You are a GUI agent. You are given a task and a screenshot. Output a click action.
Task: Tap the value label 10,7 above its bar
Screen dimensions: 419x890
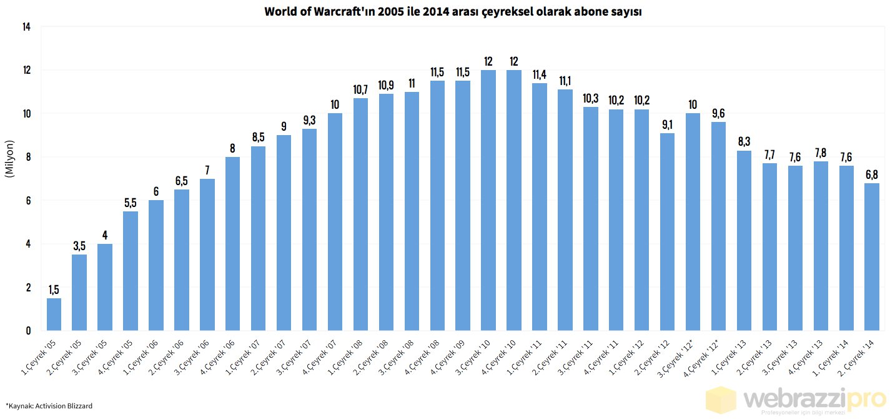click(x=360, y=89)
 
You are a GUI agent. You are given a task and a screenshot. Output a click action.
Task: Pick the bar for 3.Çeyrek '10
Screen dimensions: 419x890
click(x=488, y=200)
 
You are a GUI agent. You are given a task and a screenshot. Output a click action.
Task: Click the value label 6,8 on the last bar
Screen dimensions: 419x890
click(x=872, y=174)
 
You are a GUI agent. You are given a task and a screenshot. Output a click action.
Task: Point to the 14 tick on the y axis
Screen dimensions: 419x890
click(x=26, y=27)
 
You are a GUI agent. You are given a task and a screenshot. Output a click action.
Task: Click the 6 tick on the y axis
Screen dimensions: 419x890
click(x=27, y=201)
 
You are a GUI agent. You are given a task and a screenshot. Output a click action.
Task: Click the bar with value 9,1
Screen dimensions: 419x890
click(x=667, y=231)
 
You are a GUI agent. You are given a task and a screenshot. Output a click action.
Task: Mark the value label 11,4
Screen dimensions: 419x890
click(x=539, y=74)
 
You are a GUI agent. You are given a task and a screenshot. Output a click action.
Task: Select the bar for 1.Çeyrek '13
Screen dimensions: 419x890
click(x=744, y=240)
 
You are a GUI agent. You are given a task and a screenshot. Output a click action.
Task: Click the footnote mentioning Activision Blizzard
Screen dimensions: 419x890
click(x=49, y=406)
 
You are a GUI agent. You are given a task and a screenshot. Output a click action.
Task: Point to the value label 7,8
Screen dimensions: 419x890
click(x=821, y=153)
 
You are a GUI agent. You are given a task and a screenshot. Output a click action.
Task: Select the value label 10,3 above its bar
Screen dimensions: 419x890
click(x=590, y=98)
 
